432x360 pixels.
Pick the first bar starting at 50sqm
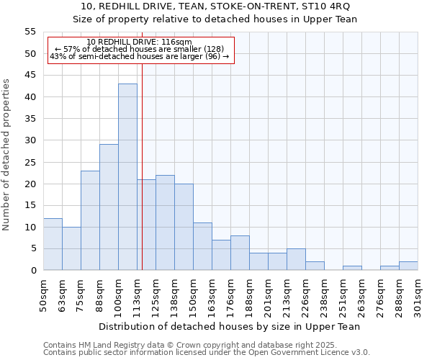click(53, 244)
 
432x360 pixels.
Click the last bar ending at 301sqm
click(408, 266)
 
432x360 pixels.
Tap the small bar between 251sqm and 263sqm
click(352, 268)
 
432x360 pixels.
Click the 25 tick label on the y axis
click(30, 162)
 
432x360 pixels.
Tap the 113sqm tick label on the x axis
click(137, 293)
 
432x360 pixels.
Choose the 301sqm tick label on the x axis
click(418, 293)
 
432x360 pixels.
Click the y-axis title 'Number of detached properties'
click(6, 155)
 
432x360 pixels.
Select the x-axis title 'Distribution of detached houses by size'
click(230, 326)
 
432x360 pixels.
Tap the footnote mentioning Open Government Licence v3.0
click(207, 352)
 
